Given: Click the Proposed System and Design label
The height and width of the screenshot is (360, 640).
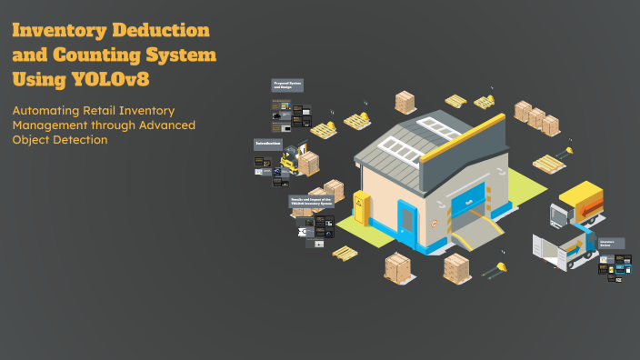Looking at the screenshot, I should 287,85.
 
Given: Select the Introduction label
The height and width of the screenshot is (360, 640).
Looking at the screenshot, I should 268,144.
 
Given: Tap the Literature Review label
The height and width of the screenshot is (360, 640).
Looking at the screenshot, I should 612,244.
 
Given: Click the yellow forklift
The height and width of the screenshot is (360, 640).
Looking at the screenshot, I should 289,161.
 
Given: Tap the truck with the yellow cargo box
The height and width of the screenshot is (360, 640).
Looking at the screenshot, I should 579,205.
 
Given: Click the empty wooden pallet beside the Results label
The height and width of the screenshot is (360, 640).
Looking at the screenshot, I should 345,252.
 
